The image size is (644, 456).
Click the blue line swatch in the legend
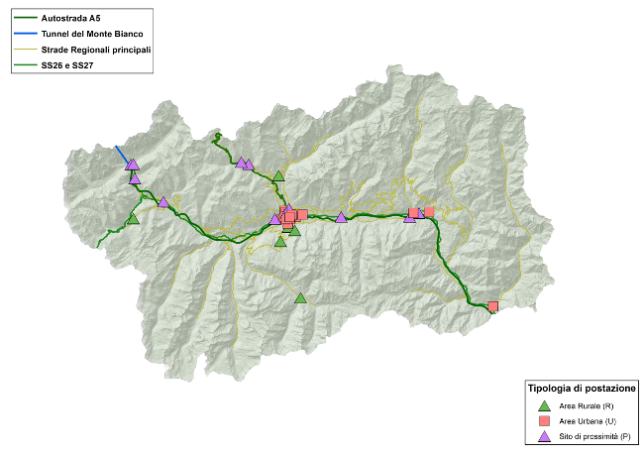click(x=24, y=34)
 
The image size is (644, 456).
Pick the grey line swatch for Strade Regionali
click(x=24, y=50)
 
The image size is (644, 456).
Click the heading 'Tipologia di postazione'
click(x=582, y=388)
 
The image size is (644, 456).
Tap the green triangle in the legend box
click(x=543, y=405)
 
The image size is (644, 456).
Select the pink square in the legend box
click(x=543, y=421)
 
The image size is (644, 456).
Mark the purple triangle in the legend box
click(x=543, y=436)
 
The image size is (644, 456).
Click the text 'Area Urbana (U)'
click(x=588, y=421)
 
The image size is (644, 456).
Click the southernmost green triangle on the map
click(x=301, y=297)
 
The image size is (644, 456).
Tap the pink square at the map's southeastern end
click(x=492, y=306)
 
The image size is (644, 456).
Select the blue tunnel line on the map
click(x=122, y=157)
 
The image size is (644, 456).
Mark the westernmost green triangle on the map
click(x=133, y=218)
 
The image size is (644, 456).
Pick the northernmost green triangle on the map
click(x=278, y=175)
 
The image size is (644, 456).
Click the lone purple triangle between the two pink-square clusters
click(x=342, y=217)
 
